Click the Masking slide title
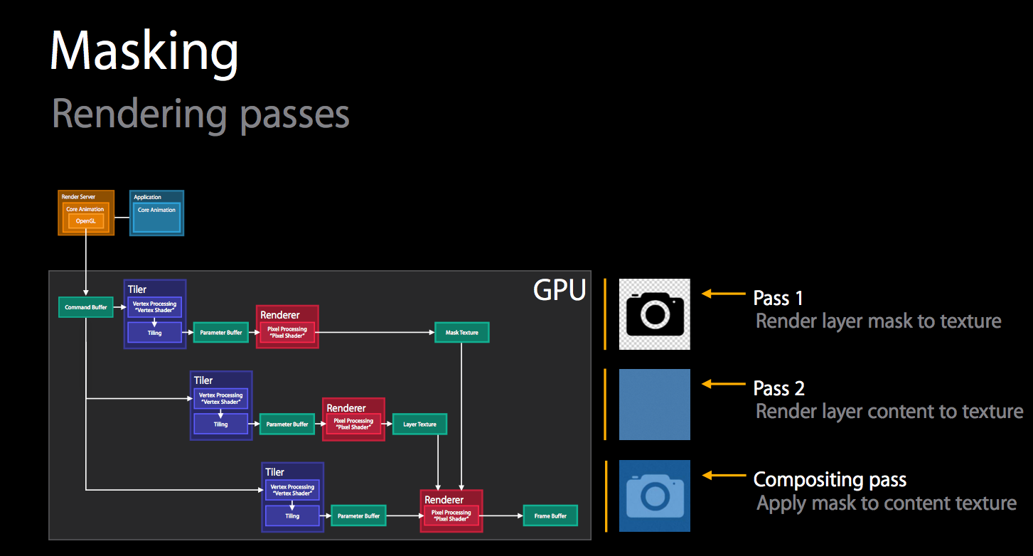coord(144,51)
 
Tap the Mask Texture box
coord(462,332)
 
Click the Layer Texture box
coord(419,424)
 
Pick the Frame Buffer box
coord(550,515)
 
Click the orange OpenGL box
coord(85,221)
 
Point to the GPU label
coord(560,290)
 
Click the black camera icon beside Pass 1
coord(655,314)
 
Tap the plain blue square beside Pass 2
coord(655,404)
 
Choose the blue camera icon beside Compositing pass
coord(655,496)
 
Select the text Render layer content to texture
coord(889,411)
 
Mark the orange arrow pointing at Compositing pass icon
coord(724,476)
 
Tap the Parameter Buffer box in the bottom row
coord(358,515)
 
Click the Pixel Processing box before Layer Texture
coord(354,424)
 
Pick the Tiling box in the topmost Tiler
coord(155,332)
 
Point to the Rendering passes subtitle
coord(200,113)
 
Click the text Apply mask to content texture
coord(887,503)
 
